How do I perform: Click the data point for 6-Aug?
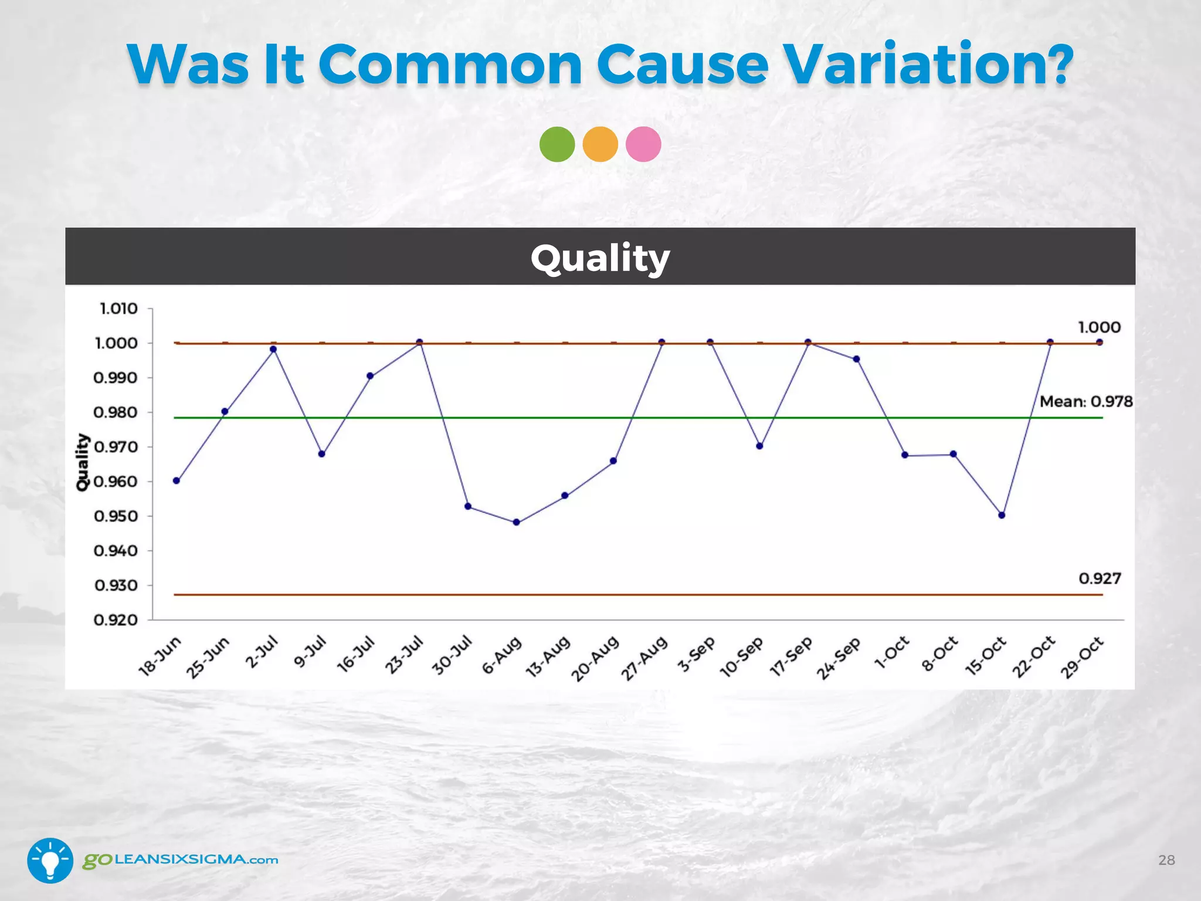pyautogui.click(x=516, y=522)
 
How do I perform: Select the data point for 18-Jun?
pyautogui.click(x=177, y=480)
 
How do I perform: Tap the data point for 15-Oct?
pyautogui.click(x=1002, y=515)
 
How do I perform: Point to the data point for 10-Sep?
pyautogui.click(x=759, y=446)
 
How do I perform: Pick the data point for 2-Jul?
pyautogui.click(x=273, y=349)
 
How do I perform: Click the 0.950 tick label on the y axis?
pyautogui.click(x=116, y=516)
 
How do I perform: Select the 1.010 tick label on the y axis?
pyautogui.click(x=118, y=309)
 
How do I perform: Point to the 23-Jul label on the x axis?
pyautogui.click(x=403, y=655)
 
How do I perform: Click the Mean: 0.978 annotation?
pyautogui.click(x=1085, y=402)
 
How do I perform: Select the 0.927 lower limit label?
pyautogui.click(x=1100, y=579)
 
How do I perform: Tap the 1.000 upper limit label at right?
pyautogui.click(x=1099, y=327)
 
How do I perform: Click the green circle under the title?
pyautogui.click(x=557, y=144)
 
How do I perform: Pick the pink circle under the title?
pyautogui.click(x=643, y=144)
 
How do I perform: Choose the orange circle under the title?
pyautogui.click(x=600, y=144)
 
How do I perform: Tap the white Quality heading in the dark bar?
pyautogui.click(x=600, y=258)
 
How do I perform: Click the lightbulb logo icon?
pyautogui.click(x=50, y=860)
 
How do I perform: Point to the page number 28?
pyautogui.click(x=1166, y=860)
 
